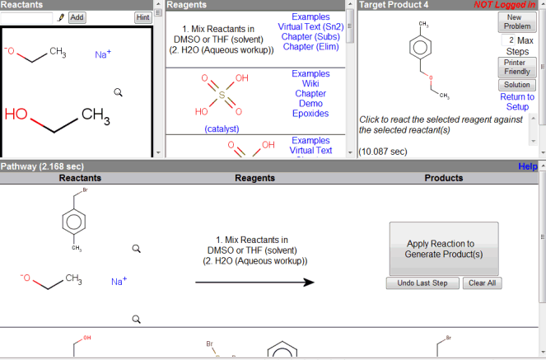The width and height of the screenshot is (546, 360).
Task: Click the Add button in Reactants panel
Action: tap(77, 16)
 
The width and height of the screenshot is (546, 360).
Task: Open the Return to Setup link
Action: tap(517, 101)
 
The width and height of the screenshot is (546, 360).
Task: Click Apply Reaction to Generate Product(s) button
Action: tap(444, 249)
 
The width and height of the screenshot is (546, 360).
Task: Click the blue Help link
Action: tap(528, 166)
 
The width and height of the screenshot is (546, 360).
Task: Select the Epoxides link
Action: tap(310, 114)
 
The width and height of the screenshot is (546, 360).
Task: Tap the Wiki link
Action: tap(310, 84)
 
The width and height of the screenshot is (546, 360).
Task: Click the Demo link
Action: tap(310, 104)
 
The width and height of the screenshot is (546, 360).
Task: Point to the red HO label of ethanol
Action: tap(16, 115)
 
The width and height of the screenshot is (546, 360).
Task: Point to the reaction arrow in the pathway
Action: tap(254, 282)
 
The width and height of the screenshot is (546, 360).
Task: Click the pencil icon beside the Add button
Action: tap(60, 16)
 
